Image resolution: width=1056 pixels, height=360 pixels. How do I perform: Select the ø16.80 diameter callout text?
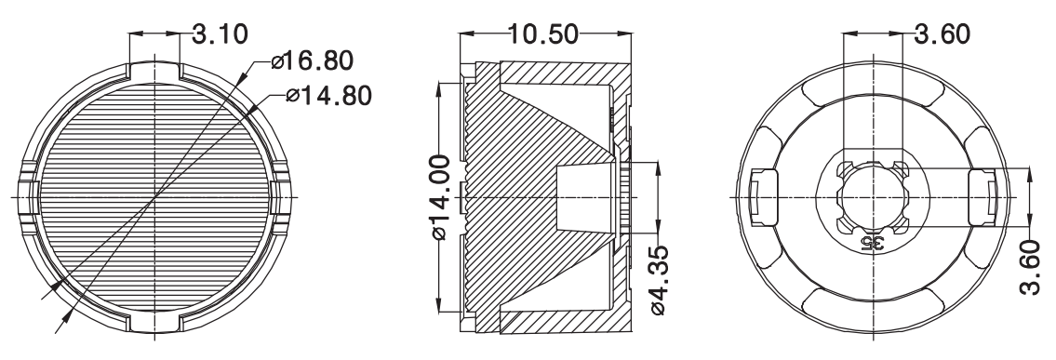click(312, 61)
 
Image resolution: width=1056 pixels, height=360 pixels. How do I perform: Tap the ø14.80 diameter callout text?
click(328, 96)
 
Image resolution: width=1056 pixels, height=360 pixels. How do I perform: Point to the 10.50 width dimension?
click(542, 33)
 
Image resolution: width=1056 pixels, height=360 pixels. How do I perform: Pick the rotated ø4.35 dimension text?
click(658, 281)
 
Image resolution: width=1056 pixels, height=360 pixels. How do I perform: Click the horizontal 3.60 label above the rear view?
click(942, 33)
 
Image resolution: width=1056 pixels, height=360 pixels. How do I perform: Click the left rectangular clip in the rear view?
click(762, 197)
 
